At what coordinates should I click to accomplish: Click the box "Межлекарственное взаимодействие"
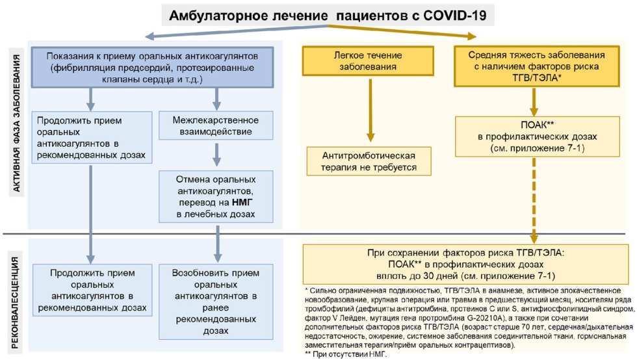(x=216, y=127)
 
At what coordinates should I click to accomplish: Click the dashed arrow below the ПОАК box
(x=534, y=198)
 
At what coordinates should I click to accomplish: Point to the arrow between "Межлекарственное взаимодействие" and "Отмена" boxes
(x=216, y=154)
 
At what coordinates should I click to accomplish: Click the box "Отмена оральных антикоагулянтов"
(x=216, y=196)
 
